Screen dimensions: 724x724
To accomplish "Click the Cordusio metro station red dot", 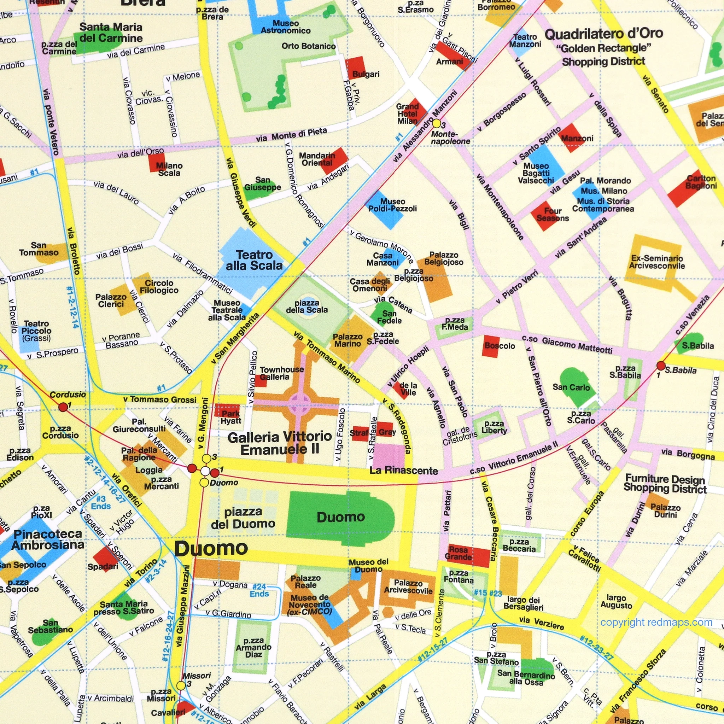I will coord(63,407).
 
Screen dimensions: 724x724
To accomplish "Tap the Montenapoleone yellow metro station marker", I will coord(437,123).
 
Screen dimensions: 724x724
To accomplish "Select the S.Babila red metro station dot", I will coord(661,366).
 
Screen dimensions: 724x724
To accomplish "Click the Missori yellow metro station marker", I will coord(181,685).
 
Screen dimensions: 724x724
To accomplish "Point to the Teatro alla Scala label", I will coord(254,260).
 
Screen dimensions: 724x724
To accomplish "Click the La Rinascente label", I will coord(404,471).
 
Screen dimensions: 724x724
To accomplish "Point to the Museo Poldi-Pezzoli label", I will coord(392,205).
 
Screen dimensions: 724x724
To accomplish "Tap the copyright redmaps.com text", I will coord(656,623).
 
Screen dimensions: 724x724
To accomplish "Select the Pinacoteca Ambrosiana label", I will coord(48,539).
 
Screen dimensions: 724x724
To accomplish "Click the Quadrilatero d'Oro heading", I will coord(604,34).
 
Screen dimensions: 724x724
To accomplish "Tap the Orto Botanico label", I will coord(308,46).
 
